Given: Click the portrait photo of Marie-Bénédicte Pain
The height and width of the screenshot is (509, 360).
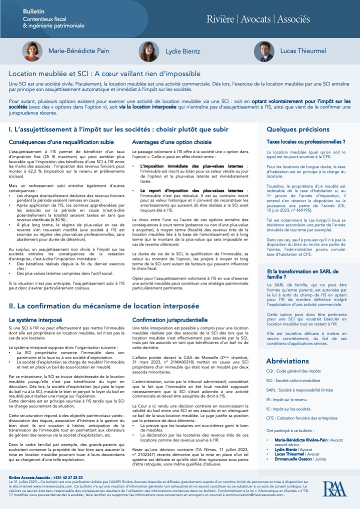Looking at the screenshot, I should point(32,51).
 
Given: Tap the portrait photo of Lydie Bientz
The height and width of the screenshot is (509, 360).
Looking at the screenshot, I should point(149,51).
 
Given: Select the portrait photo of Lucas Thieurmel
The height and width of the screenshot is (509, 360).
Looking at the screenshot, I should point(263,51).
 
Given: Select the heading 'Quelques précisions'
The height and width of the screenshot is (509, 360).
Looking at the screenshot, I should point(298,128).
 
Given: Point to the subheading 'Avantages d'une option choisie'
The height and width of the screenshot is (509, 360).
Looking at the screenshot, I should point(171,142).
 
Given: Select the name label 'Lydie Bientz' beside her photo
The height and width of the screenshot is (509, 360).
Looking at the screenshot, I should point(183,51).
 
